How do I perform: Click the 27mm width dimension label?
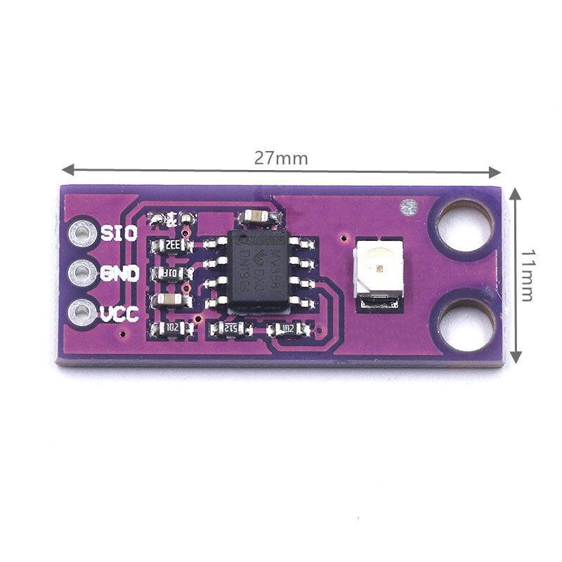[281, 158]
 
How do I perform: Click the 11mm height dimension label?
[528, 274]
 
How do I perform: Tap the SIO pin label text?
[119, 233]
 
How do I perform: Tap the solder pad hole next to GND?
[83, 272]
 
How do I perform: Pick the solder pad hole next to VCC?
[83, 311]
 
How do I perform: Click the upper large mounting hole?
[466, 224]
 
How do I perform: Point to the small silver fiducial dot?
[407, 207]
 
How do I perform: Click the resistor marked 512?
[231, 329]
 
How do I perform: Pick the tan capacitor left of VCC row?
[171, 301]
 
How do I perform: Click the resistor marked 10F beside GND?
[171, 273]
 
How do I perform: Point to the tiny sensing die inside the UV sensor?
[377, 266]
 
